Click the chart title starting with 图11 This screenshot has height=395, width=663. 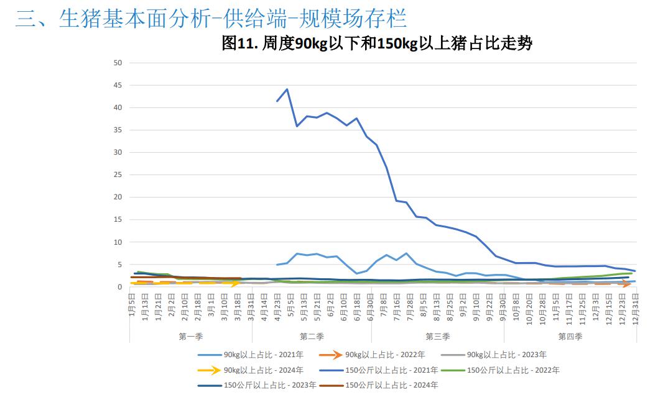click(377, 43)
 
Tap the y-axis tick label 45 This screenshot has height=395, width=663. click(118, 85)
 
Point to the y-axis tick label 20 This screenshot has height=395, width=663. click(118, 197)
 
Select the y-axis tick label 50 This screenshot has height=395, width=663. click(118, 63)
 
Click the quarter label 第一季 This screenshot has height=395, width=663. click(190, 336)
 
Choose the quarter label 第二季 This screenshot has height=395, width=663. click(312, 336)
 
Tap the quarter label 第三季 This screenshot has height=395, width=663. click(437, 336)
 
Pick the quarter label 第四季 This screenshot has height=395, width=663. click(570, 336)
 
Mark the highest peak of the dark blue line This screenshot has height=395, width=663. click(287, 89)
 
